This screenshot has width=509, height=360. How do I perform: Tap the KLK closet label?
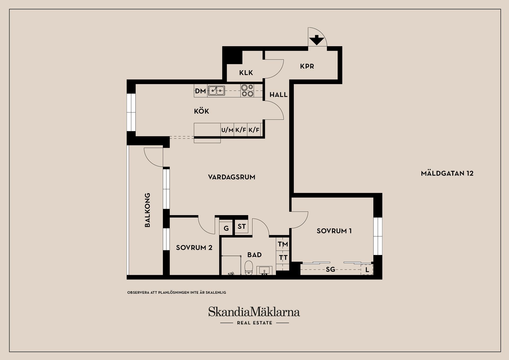click(x=246, y=73)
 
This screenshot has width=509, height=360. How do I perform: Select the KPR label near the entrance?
click(x=307, y=66)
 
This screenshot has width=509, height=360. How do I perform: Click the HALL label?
click(x=278, y=95)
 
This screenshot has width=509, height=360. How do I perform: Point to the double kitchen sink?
click(x=216, y=91)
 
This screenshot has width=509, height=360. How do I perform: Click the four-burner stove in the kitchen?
click(x=247, y=90)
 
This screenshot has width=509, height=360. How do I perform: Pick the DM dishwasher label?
click(x=200, y=91)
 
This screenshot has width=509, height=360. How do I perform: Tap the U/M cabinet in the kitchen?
click(x=227, y=130)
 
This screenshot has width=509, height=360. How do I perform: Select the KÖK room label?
click(x=201, y=111)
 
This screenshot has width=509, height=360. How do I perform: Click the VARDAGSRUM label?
click(x=231, y=177)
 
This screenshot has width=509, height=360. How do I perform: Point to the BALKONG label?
click(x=147, y=210)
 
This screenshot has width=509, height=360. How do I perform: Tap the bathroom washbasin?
click(x=264, y=271)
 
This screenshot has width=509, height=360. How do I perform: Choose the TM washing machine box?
click(x=283, y=244)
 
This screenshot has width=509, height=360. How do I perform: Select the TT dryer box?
click(x=283, y=257)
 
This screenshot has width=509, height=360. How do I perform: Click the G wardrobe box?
click(x=226, y=228)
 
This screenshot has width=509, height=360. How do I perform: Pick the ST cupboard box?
click(x=242, y=226)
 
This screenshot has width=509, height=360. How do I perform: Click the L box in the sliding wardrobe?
click(x=367, y=270)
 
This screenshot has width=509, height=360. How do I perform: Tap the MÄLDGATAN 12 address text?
click(x=447, y=174)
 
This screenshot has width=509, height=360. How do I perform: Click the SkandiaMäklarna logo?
click(x=254, y=312)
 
